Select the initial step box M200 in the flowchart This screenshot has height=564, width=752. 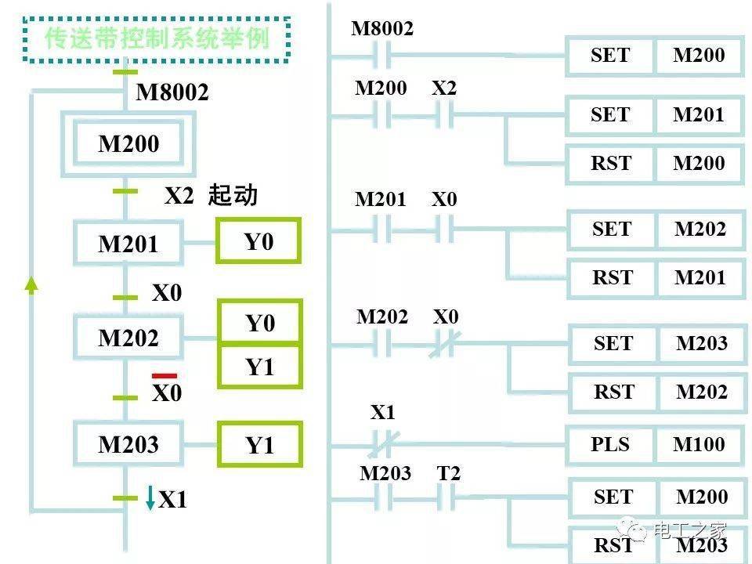(128, 144)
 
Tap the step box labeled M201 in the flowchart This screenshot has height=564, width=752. (128, 244)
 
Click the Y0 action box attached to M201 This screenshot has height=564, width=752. (258, 241)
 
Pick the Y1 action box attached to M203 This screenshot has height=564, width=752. (259, 446)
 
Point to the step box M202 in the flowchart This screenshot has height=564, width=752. (128, 338)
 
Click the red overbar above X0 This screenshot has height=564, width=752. (164, 376)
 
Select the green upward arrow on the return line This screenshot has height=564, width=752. (31, 284)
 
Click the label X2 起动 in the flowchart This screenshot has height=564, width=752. (210, 195)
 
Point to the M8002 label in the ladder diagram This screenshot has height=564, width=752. (381, 29)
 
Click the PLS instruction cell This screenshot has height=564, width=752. (610, 444)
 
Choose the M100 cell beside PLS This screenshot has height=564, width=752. (699, 444)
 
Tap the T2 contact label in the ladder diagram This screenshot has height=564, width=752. (449, 473)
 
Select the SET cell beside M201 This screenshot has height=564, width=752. (610, 114)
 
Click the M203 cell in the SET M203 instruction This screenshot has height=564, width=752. (701, 343)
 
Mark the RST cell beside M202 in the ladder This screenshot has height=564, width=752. (613, 392)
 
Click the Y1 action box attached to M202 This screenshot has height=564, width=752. (259, 367)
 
